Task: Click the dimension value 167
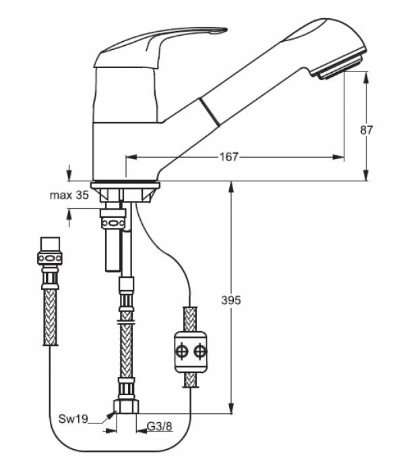(228, 157)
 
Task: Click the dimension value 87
(367, 130)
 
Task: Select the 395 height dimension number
(231, 300)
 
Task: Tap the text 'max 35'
(69, 196)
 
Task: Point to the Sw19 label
(73, 419)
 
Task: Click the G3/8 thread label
(160, 426)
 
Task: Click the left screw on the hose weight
(183, 351)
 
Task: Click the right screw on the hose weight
(200, 351)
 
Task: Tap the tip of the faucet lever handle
(226, 30)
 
